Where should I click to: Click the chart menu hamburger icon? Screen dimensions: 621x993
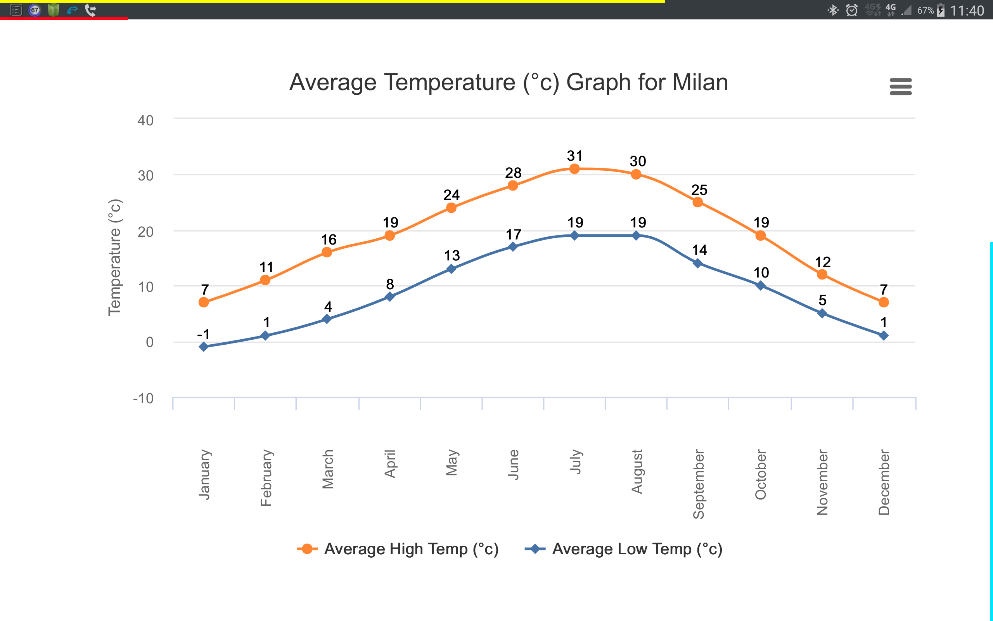900,87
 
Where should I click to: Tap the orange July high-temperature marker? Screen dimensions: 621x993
574,169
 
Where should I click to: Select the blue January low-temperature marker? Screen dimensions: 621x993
204,347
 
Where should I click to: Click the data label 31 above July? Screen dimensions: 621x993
574,156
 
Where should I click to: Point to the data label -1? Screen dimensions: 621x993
204,334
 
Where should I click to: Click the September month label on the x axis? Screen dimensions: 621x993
698,484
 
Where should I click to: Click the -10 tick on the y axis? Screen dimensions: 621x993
143,398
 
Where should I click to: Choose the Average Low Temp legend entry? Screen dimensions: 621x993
624,549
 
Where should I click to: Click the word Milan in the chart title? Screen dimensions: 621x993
700,82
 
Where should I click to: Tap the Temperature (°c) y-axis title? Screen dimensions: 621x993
115,257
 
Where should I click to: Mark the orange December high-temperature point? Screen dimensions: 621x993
884,302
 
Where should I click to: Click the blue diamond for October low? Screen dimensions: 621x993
760,285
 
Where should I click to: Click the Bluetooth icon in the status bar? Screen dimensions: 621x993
832,10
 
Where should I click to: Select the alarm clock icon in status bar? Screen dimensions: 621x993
852,10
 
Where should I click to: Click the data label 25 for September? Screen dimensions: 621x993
699,190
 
